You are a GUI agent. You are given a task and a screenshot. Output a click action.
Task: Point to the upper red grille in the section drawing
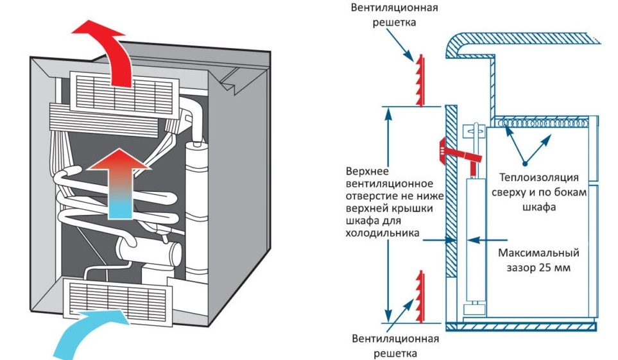[x=420, y=81]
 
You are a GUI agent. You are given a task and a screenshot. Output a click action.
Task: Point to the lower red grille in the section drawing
[x=420, y=295]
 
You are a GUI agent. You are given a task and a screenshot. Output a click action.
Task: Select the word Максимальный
[x=534, y=252]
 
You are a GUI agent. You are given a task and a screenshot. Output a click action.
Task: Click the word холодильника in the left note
[x=382, y=234]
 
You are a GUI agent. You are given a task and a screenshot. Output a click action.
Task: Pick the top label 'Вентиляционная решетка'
[x=394, y=15]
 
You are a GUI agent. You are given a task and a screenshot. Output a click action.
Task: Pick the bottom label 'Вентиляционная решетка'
[x=395, y=345]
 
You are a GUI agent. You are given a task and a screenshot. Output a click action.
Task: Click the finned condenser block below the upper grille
[x=103, y=122]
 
